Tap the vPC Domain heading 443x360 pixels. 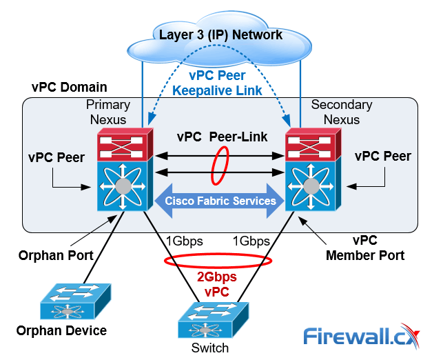(69, 88)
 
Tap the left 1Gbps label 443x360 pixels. (184, 241)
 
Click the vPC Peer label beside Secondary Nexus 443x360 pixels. (382, 157)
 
